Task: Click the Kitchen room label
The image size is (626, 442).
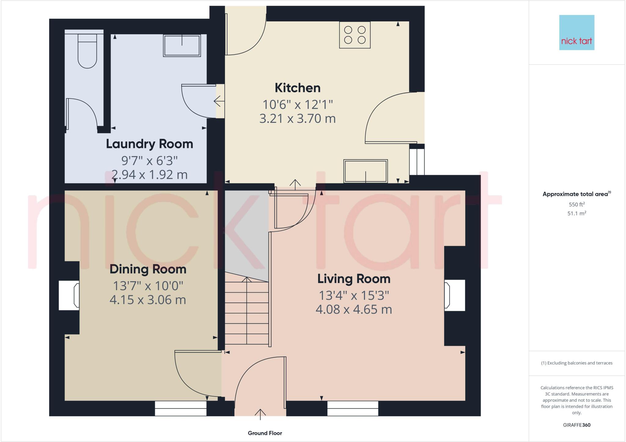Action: (x=297, y=88)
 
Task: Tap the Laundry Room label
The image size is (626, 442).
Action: (x=149, y=144)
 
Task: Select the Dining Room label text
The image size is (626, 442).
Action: (x=148, y=269)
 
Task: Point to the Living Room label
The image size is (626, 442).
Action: (x=354, y=279)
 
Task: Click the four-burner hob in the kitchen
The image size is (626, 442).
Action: (x=355, y=35)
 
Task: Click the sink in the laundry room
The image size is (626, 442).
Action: (x=182, y=45)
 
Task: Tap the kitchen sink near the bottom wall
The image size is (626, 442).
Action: (x=366, y=171)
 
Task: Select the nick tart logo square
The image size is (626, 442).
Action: (x=576, y=32)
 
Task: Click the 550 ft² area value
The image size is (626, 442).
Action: (x=576, y=204)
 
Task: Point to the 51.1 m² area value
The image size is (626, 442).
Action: (x=576, y=213)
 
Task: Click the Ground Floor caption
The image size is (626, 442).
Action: (x=265, y=433)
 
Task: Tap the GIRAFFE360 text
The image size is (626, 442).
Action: (x=576, y=425)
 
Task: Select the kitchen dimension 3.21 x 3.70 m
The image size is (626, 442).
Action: (x=297, y=119)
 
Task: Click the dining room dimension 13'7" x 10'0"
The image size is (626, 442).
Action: (x=148, y=286)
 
